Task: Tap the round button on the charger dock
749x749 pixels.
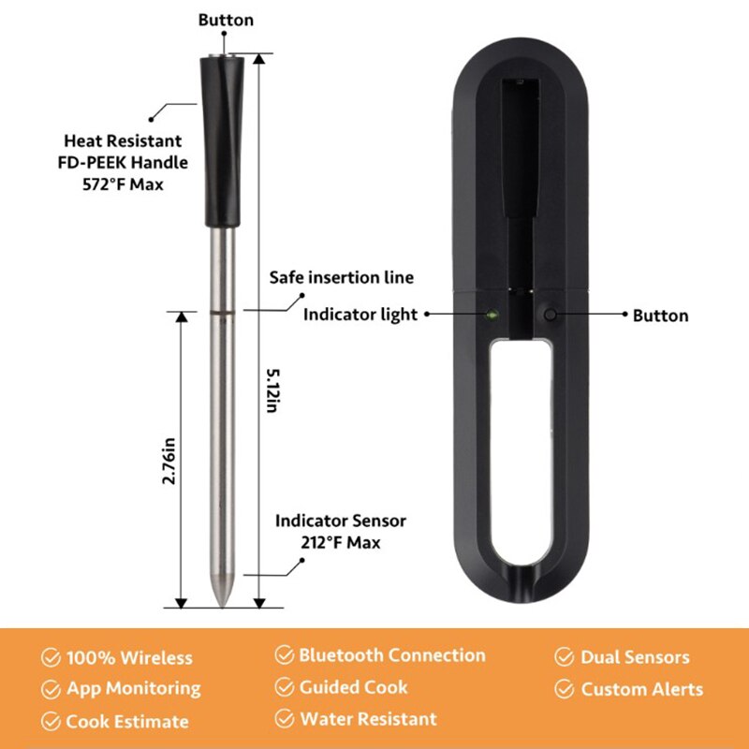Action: (551, 316)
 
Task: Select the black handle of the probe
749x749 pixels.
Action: (222, 140)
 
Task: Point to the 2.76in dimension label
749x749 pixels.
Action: (169, 459)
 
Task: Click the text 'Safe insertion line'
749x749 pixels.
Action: (341, 278)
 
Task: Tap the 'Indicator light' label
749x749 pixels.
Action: (360, 315)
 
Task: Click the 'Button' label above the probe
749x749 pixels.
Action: (226, 20)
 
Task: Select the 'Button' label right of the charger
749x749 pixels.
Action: (660, 316)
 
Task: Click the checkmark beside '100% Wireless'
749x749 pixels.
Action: (51, 658)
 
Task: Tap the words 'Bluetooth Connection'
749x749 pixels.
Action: (392, 655)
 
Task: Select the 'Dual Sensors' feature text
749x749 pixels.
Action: (635, 657)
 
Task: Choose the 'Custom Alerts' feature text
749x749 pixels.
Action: (641, 690)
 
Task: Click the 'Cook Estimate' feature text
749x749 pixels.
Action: (126, 722)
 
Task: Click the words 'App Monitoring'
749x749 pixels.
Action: (133, 689)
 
